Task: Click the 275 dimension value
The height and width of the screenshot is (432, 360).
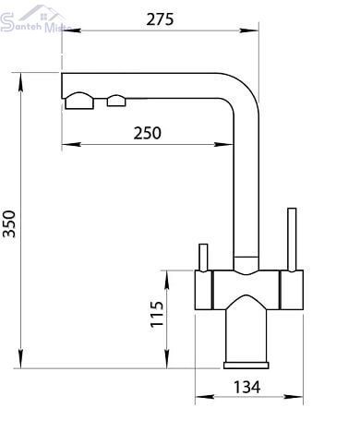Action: (x=160, y=19)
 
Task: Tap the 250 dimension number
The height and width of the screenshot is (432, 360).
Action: (x=147, y=133)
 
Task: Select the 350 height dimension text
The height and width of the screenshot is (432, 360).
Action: (x=9, y=224)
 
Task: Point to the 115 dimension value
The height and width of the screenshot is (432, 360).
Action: (x=157, y=314)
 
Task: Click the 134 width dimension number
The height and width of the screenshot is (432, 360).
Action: (x=247, y=387)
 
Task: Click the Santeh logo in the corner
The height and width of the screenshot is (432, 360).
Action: (x=35, y=19)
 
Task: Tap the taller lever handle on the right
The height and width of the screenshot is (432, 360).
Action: (x=292, y=240)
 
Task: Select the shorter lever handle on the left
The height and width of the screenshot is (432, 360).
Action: (x=203, y=258)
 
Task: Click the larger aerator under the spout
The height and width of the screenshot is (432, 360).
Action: (x=79, y=101)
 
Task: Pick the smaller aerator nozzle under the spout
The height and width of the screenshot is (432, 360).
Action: (x=116, y=101)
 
